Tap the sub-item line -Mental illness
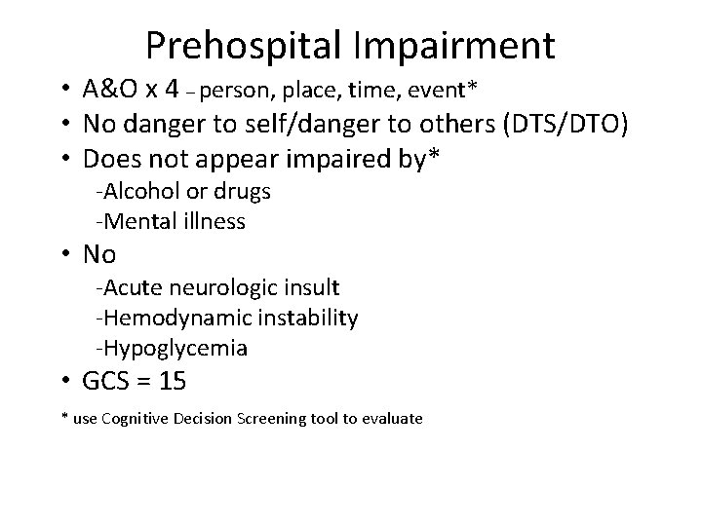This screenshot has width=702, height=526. tap(170, 221)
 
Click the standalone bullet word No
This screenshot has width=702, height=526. tap(99, 255)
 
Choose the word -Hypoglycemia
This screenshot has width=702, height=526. tap(171, 348)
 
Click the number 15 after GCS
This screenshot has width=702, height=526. tap(172, 382)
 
